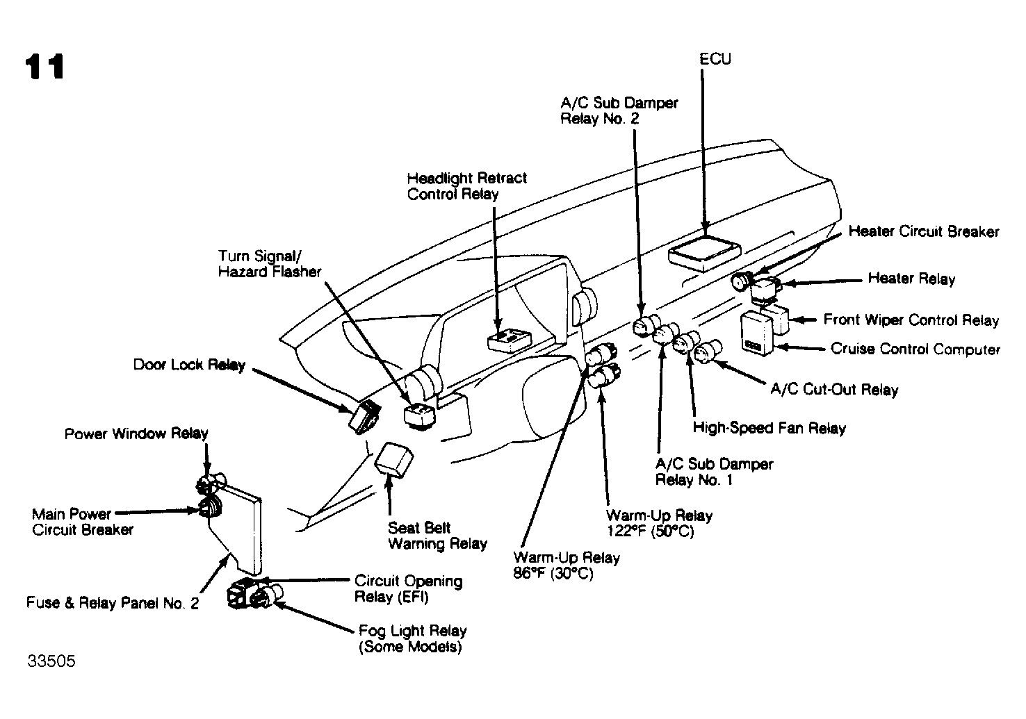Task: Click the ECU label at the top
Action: click(715, 59)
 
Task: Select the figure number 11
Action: click(44, 67)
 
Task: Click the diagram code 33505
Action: click(51, 661)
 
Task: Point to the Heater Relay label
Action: click(911, 279)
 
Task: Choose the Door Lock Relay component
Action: click(365, 417)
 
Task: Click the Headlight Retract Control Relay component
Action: click(508, 341)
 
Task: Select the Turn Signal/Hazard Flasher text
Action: click(269, 263)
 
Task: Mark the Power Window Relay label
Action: click(136, 433)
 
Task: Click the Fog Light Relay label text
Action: click(412, 638)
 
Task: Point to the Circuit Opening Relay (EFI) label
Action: click(408, 588)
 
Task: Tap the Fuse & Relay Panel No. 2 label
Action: click(113, 603)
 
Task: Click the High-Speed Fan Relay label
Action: click(769, 427)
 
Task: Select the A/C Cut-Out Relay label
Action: click(834, 389)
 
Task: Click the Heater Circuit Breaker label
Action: click(923, 231)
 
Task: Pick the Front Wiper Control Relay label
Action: click(911, 320)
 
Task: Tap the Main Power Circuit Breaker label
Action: click(83, 522)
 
